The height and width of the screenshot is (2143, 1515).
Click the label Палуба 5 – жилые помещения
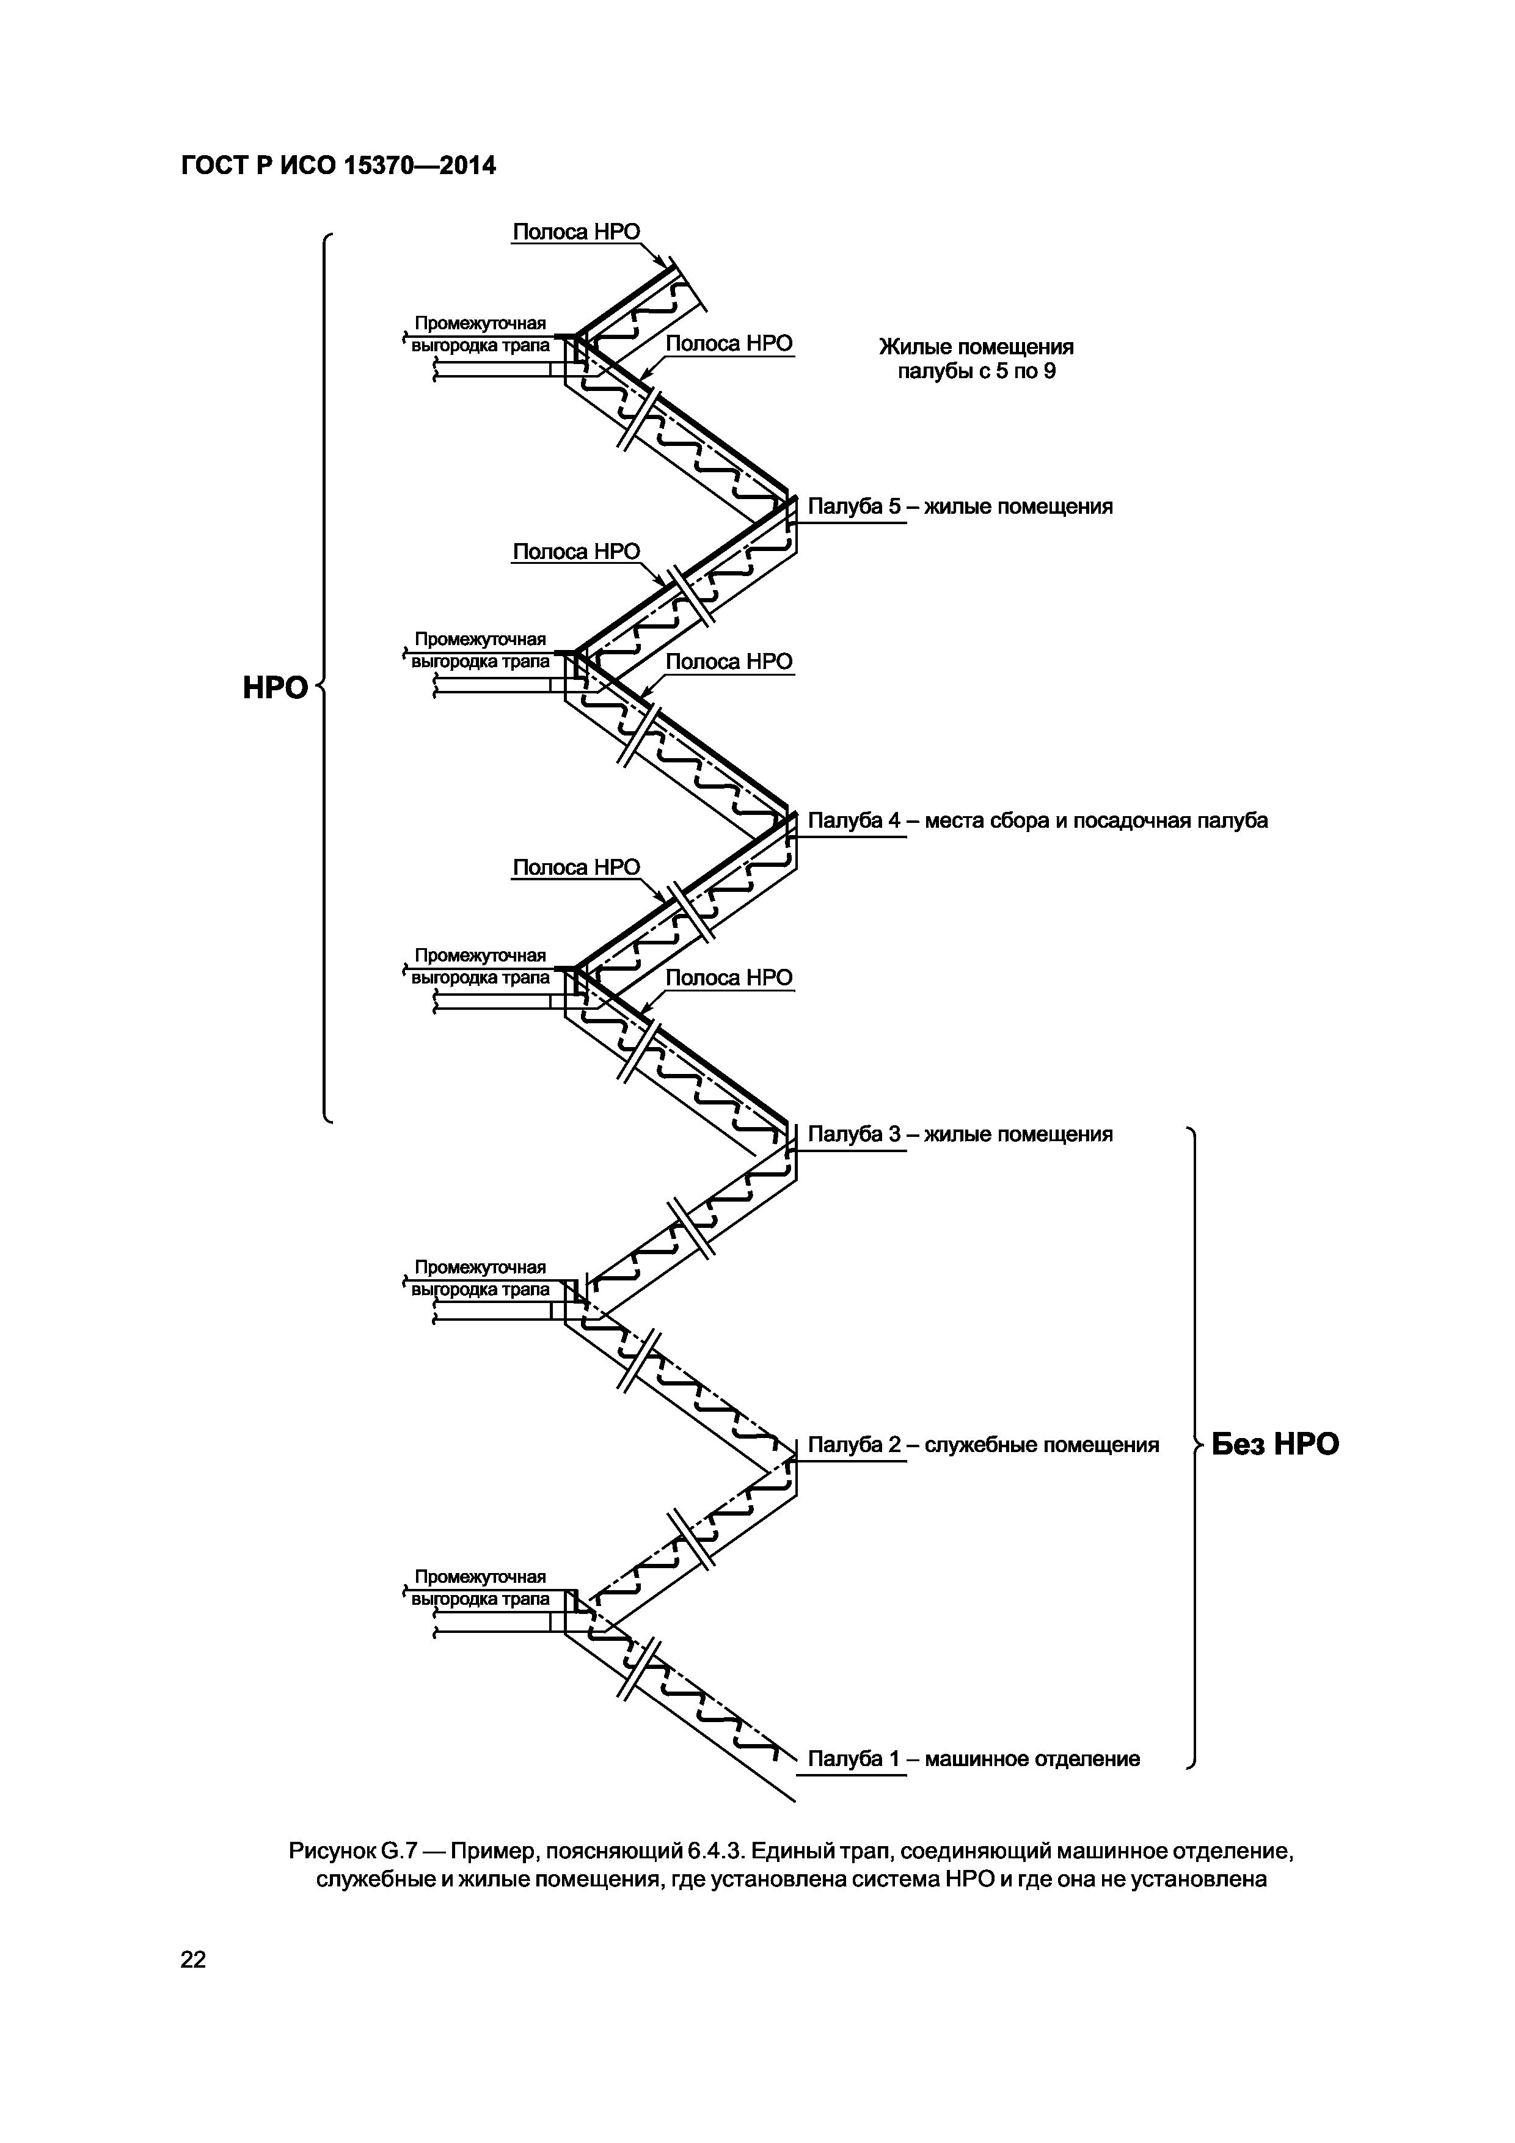pos(960,507)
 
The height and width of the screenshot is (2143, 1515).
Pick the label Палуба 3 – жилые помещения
pos(960,1134)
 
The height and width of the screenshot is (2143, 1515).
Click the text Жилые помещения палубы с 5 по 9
pos(976,359)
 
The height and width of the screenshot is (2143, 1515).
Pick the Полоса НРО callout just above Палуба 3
pos(729,977)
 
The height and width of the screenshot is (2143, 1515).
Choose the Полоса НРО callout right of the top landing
pos(729,343)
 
